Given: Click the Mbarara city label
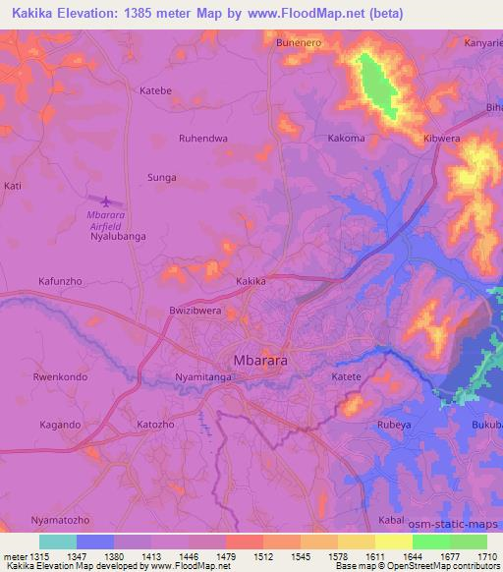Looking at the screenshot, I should click(260, 361).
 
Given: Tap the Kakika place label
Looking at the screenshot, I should click(251, 281).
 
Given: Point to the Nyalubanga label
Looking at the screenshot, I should click(117, 237).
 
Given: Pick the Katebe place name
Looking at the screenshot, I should click(156, 90).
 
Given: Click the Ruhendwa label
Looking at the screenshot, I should click(203, 139).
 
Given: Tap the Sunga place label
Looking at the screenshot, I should click(161, 178).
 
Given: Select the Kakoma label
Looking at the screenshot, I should click(346, 139).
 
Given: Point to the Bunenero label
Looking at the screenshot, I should click(301, 43).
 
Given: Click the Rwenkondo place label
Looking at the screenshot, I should click(61, 377).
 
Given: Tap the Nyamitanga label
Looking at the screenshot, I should click(203, 377).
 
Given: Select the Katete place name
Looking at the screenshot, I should click(346, 377).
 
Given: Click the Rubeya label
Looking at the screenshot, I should click(394, 425).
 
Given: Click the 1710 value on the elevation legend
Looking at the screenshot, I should click(487, 555).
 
